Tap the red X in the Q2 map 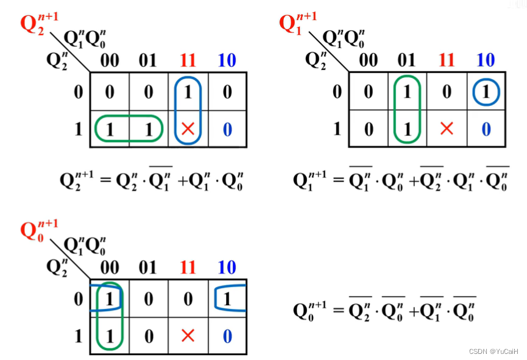click(188, 129)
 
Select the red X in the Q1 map click(447, 129)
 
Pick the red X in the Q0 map click(188, 336)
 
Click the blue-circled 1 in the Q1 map click(486, 93)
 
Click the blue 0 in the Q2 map click(227, 129)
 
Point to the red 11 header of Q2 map click(188, 60)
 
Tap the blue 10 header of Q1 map click(486, 60)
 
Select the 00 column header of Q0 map click(110, 267)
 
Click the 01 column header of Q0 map click(148, 267)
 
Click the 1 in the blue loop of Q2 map click(188, 93)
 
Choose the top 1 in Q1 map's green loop click(406, 93)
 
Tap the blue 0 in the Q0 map click(227, 336)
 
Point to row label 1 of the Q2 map click(77, 129)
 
